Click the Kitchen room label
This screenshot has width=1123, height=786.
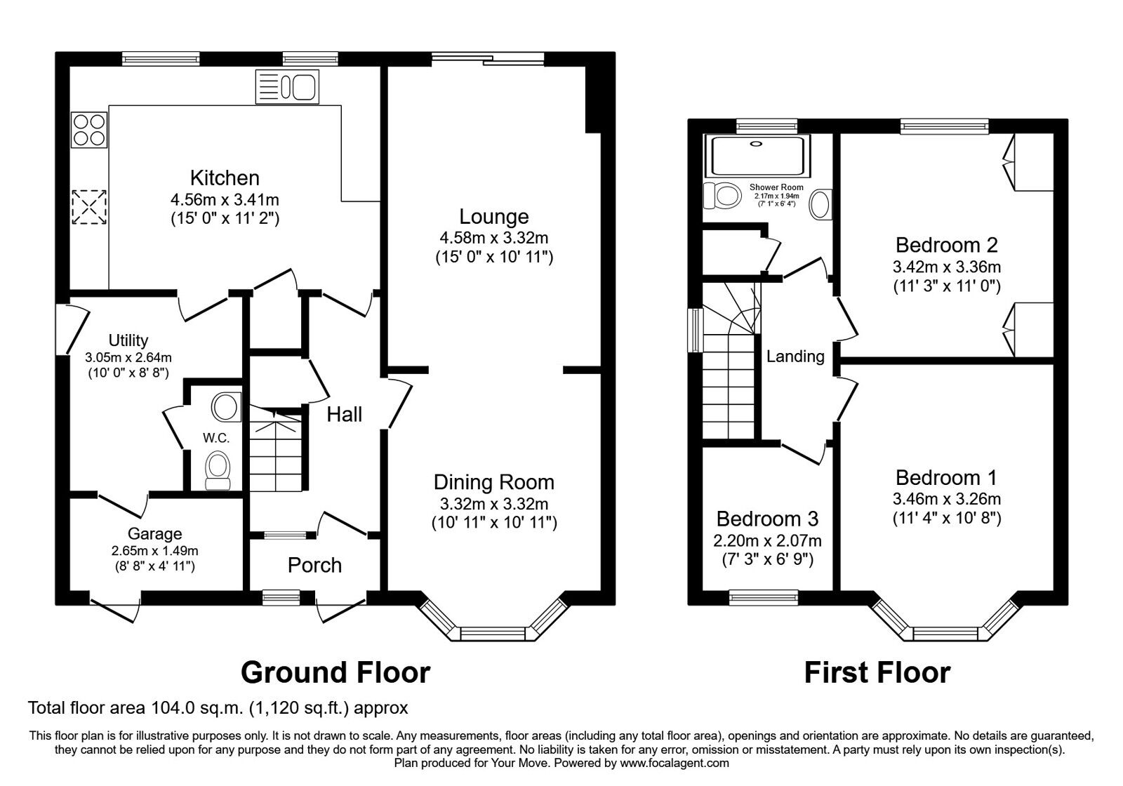click(x=225, y=178)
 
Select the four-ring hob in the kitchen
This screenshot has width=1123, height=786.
click(x=89, y=130)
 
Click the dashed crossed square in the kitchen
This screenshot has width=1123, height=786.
click(x=89, y=207)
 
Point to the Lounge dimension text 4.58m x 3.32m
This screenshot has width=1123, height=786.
click(x=493, y=237)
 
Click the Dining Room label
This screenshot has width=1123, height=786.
click(x=493, y=482)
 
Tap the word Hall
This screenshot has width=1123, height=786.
click(x=345, y=414)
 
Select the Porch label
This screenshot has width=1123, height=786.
click(x=314, y=565)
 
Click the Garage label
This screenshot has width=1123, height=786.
click(x=154, y=534)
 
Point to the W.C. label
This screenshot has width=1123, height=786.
click(x=216, y=438)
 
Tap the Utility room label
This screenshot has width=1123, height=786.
click(x=128, y=340)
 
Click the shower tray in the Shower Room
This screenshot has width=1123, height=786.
click(x=757, y=155)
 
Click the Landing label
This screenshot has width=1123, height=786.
click(x=795, y=357)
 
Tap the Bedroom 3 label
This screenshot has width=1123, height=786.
click(x=767, y=519)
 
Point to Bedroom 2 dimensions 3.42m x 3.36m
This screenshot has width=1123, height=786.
click(x=946, y=267)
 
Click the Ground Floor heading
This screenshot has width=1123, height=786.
click(x=335, y=672)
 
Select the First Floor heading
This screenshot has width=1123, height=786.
click(x=877, y=672)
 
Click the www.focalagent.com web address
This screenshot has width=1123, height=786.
click(x=674, y=763)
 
